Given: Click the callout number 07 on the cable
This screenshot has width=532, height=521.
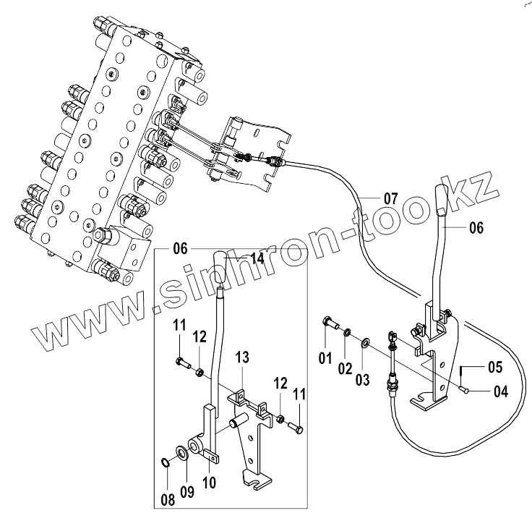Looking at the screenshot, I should [391, 198].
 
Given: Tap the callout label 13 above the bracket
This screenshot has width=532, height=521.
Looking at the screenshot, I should [241, 357].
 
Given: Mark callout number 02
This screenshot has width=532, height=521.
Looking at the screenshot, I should [345, 368].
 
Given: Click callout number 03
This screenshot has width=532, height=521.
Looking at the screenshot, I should [362, 380].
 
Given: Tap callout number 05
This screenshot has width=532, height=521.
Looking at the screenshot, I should [494, 367].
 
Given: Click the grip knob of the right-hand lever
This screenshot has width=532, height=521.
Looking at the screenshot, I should [442, 201].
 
